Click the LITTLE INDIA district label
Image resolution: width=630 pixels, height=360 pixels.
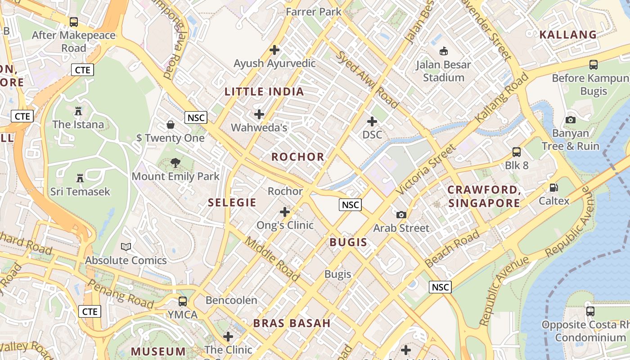click(x=264, y=92)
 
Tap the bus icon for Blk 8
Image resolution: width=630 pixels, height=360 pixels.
click(x=517, y=152)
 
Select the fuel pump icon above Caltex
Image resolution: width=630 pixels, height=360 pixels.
click(x=554, y=188)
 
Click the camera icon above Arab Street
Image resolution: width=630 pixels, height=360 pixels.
click(x=401, y=215)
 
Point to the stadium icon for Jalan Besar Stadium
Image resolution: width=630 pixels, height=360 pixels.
click(x=444, y=51)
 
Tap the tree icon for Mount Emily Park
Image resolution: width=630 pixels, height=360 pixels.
click(x=175, y=163)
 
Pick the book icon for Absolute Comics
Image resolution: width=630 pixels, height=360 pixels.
click(x=126, y=247)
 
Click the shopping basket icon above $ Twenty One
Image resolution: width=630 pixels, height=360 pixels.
click(x=171, y=124)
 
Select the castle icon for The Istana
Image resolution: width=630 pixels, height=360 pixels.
click(x=78, y=111)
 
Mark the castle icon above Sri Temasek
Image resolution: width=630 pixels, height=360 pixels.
click(x=80, y=178)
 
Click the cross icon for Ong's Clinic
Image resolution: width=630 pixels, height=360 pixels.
click(x=285, y=211)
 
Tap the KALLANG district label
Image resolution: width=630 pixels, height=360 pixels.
click(x=568, y=35)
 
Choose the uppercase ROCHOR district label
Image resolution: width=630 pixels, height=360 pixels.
click(x=298, y=157)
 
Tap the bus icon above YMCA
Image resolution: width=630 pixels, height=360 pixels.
click(x=183, y=301)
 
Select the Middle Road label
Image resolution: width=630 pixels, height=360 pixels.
click(x=272, y=258)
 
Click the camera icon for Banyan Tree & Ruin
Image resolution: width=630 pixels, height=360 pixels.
click(x=571, y=120)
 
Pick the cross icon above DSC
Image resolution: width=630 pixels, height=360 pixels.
click(x=372, y=121)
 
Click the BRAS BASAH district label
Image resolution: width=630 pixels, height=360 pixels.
click(x=292, y=323)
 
